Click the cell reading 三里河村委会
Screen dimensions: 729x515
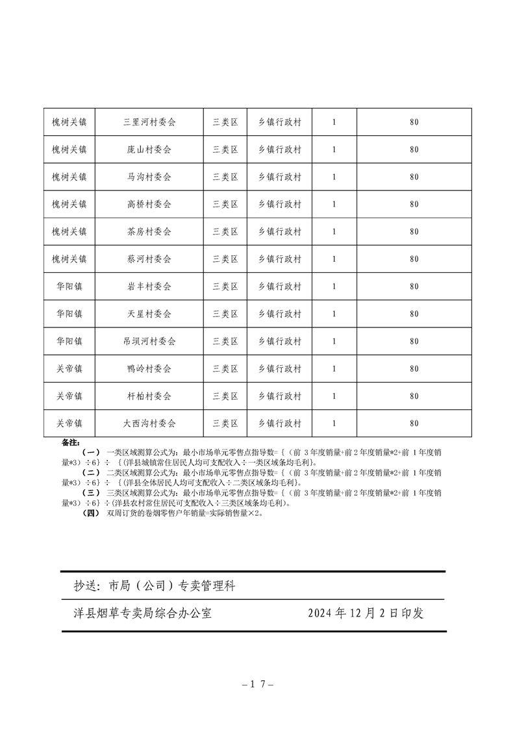coord(149,122)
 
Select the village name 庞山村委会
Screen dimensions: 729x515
coord(149,149)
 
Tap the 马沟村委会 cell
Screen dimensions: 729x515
coord(149,177)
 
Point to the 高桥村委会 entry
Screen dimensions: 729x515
coord(149,204)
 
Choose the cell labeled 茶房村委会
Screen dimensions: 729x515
coord(149,231)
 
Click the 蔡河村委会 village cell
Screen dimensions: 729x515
coord(149,259)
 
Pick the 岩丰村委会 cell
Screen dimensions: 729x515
coord(149,286)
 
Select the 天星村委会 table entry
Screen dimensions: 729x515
coord(149,314)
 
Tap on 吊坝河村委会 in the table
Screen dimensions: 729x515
coord(149,341)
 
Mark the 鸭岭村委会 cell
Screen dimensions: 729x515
coord(149,368)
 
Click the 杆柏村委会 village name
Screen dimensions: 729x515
coord(149,396)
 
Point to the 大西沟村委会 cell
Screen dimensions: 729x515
coord(149,423)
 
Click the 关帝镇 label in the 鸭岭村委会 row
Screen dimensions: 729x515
coord(69,368)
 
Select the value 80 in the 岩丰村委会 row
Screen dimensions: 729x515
coord(414,286)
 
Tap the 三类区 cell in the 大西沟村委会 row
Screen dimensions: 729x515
coord(225,423)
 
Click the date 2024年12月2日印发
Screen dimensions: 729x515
coord(366,613)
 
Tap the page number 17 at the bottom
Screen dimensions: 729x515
coord(258,684)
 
